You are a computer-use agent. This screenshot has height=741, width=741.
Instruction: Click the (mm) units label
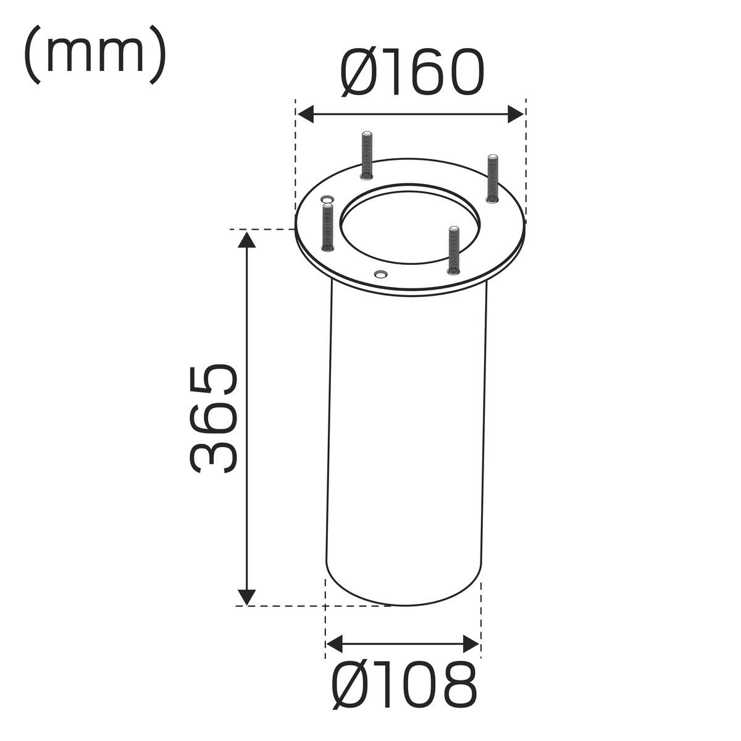pos(94,54)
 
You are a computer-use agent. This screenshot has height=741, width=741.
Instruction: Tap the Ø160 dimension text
pos(411,72)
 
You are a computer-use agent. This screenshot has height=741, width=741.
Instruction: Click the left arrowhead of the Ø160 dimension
pos(306,114)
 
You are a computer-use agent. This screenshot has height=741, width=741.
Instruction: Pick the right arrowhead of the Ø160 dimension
pos(515,114)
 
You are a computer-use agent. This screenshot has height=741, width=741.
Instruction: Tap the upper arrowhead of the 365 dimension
pos(246,240)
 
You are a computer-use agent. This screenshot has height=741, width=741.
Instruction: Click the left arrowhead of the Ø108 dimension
pos(334,644)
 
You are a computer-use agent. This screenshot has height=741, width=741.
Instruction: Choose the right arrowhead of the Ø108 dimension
pos(471,644)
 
